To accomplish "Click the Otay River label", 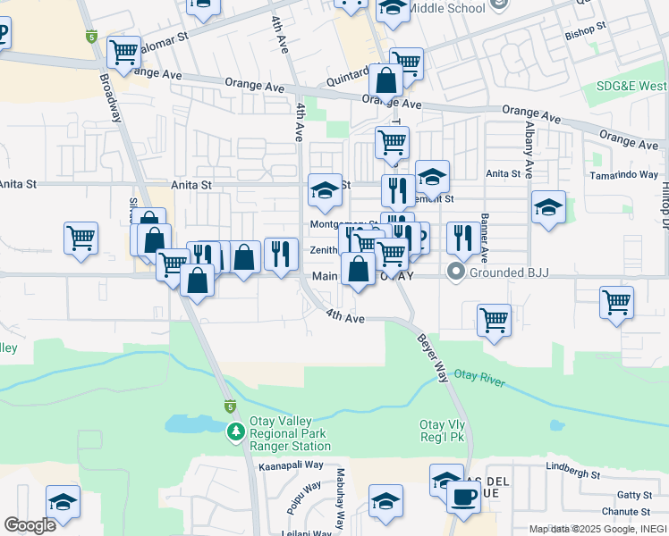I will click(x=480, y=378).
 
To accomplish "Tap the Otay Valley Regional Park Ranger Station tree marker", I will click(x=235, y=433).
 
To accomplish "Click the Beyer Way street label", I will click(x=431, y=358).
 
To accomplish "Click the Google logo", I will click(x=30, y=524).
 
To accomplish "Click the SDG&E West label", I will click(x=631, y=87).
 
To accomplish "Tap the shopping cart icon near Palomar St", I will click(x=123, y=51).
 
